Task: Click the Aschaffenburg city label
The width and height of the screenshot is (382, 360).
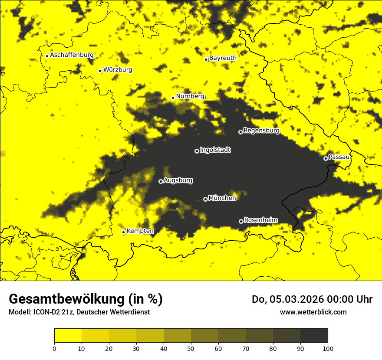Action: point(72,55)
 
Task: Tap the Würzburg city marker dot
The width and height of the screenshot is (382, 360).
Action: point(100,71)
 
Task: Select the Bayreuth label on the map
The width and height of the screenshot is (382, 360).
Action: point(223,58)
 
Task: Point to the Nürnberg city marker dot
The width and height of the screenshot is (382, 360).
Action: point(173,98)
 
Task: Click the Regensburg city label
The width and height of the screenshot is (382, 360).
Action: point(261,131)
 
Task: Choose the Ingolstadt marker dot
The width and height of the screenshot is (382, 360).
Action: point(197,151)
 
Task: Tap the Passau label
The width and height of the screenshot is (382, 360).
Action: point(339,157)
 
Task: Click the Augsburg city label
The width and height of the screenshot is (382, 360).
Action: point(178,180)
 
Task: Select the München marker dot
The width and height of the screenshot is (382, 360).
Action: point(205,200)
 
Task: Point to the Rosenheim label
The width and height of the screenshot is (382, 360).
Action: point(260,220)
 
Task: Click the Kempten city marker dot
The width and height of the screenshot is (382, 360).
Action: point(123,232)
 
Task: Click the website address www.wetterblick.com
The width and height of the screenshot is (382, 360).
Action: point(313,312)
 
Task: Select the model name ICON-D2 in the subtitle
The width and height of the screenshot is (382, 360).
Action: point(46,312)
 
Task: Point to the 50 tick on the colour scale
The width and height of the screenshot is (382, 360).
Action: point(191,348)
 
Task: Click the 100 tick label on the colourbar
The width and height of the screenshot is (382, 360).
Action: point(328,348)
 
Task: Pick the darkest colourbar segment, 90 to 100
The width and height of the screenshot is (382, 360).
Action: point(314,336)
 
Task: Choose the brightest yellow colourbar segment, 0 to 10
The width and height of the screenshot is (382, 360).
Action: point(68,336)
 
